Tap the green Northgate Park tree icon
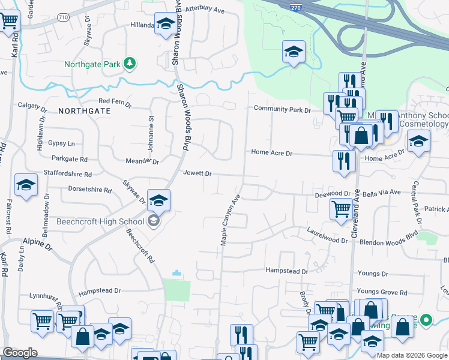128,63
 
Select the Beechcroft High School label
100,221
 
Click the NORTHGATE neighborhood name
85,111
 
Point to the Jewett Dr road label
198,173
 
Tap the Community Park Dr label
282,109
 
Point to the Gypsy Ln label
62,144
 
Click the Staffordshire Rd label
68,174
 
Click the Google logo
20,353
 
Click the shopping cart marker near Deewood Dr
341,210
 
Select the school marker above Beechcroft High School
158,200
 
